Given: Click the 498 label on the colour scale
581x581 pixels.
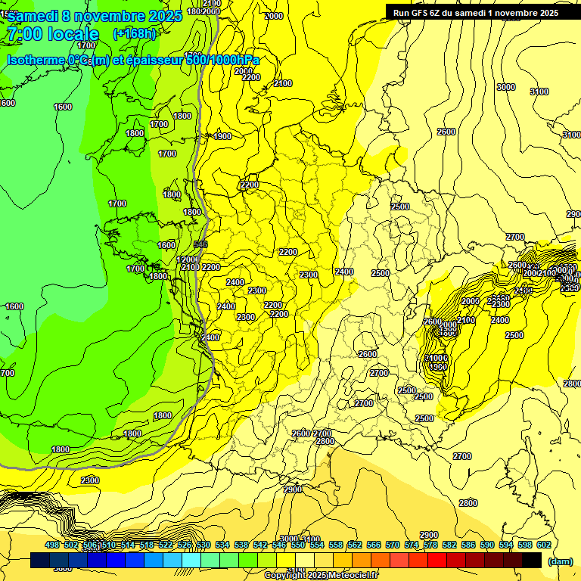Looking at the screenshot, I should click(52, 545).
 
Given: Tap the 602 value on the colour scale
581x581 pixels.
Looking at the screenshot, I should click(543, 545).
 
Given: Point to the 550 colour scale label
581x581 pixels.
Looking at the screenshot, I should click(297, 545).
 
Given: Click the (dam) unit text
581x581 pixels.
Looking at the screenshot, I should click(560, 561).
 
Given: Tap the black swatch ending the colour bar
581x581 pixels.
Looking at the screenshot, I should click(532, 560).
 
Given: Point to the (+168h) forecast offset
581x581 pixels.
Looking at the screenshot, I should click(135, 34).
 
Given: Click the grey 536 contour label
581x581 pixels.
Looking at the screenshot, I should click(200, 244).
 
